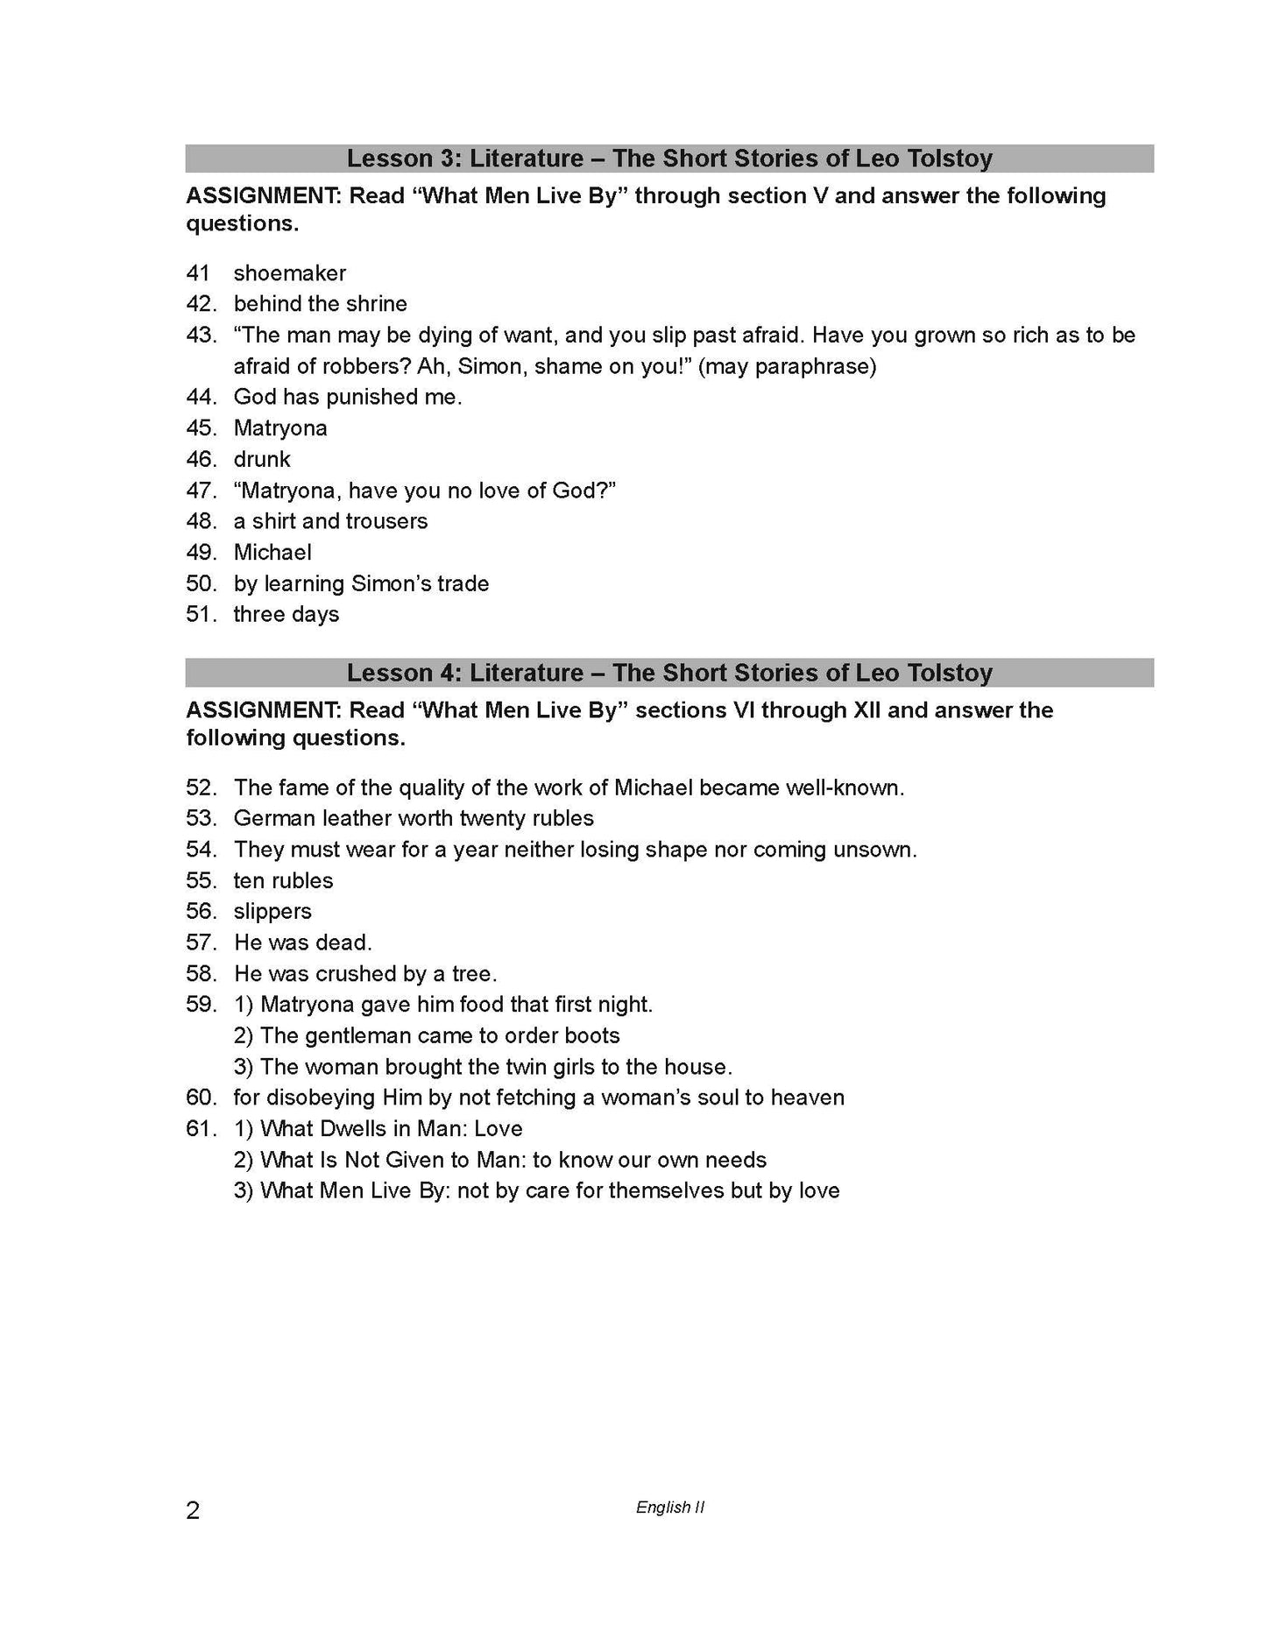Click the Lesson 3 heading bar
[x=669, y=159]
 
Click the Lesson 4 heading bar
[x=669, y=673]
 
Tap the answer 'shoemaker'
[x=289, y=273]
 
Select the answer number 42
[x=201, y=304]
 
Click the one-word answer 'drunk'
[x=262, y=459]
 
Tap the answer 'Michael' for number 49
[x=272, y=553]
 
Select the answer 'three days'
[x=286, y=615]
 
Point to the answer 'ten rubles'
[x=283, y=880]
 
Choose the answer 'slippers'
[x=272, y=912]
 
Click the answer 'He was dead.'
[x=302, y=943]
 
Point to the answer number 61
[x=201, y=1129]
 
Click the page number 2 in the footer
[x=193, y=1509]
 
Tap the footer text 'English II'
[x=670, y=1507]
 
